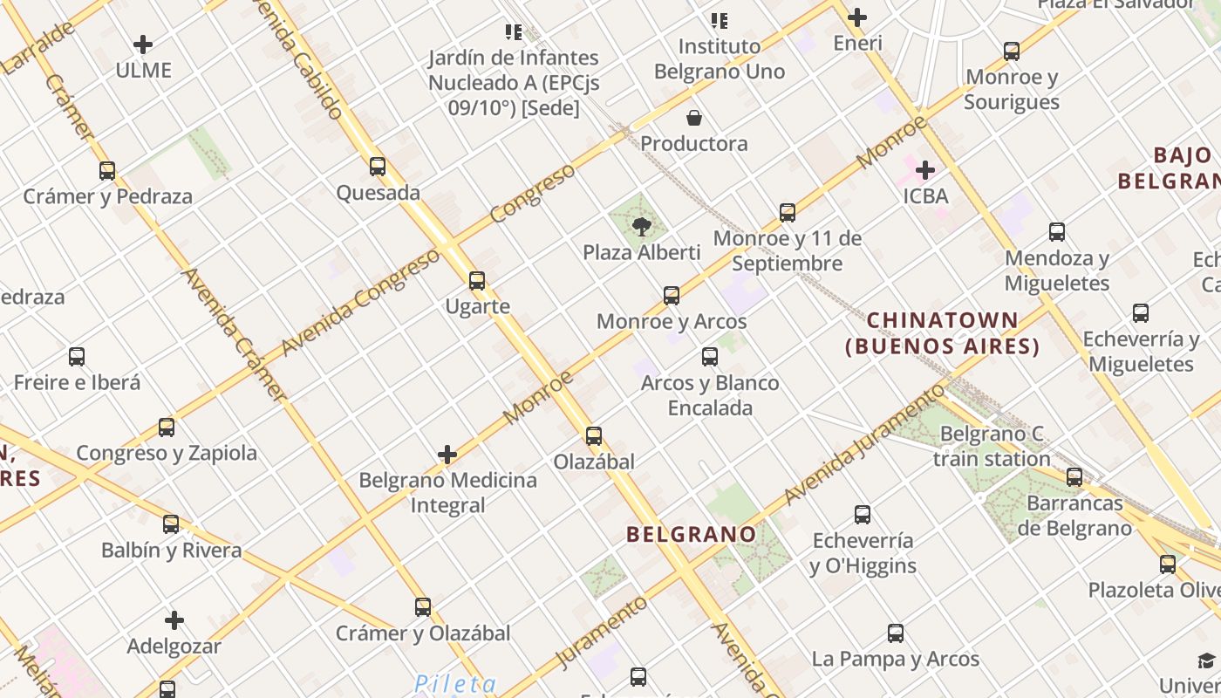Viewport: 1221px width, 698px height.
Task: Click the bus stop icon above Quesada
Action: point(378,167)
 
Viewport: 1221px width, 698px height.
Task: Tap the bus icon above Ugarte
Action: point(477,281)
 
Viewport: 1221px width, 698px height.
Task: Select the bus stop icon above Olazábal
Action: point(594,436)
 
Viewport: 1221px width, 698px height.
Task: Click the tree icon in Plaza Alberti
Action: point(642,227)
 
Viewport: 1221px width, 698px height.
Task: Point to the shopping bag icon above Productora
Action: point(694,118)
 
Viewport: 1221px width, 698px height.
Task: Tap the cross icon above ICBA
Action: point(925,170)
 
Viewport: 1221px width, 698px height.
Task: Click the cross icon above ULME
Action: point(143,44)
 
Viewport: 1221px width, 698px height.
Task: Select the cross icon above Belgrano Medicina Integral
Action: point(447,455)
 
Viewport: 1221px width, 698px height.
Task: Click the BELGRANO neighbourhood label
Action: point(692,534)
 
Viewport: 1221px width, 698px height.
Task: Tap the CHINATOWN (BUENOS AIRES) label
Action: point(943,333)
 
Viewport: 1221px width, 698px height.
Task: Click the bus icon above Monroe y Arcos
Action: point(672,296)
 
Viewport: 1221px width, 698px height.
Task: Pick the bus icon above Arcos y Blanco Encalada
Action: point(710,357)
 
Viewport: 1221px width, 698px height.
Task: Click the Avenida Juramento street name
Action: point(864,443)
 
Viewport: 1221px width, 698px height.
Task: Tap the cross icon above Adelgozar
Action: point(174,620)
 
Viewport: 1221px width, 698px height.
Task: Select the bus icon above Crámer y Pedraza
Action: point(107,171)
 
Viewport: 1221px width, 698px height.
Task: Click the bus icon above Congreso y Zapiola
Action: point(167,428)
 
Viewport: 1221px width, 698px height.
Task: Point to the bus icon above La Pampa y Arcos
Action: point(896,633)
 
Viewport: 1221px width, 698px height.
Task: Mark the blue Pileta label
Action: point(455,684)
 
